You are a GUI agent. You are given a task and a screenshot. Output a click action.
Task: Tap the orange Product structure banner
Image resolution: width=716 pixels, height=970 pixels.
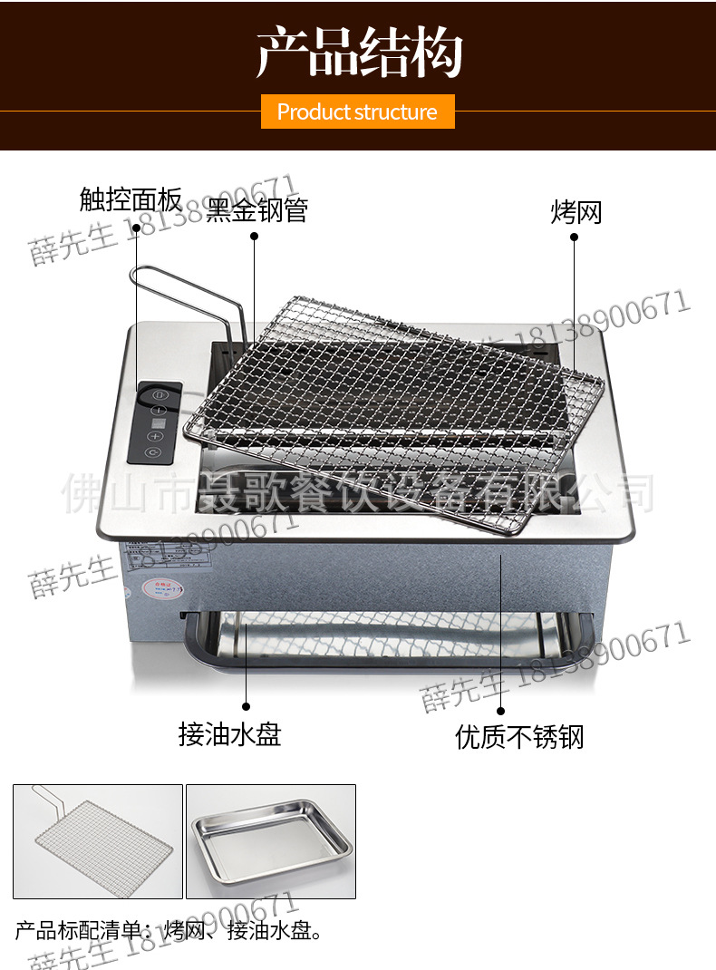357,112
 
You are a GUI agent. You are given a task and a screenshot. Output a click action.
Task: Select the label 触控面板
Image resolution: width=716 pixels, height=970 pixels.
131,199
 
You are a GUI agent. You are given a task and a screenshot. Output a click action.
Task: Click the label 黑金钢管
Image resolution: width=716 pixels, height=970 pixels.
258,210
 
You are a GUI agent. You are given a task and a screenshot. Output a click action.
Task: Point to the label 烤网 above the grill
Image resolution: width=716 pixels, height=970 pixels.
576,212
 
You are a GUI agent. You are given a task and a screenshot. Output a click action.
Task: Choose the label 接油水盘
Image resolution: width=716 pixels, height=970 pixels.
230,733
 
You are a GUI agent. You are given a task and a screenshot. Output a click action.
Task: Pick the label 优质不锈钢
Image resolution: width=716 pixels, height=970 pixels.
519,737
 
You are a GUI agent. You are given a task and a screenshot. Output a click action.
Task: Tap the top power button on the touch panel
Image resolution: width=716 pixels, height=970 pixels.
160,395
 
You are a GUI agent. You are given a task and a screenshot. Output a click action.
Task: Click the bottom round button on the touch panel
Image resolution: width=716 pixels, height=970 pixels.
153,451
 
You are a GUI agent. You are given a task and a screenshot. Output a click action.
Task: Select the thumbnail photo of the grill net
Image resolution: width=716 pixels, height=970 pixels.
98,841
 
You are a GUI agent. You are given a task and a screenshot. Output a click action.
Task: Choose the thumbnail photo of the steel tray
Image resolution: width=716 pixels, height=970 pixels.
271,841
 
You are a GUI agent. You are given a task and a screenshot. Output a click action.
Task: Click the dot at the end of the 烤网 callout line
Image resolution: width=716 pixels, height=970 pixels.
575,237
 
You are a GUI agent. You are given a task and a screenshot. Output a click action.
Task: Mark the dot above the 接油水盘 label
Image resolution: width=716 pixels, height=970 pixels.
246,705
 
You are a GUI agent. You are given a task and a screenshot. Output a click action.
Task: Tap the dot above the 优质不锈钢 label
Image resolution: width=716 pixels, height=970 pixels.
500,711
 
